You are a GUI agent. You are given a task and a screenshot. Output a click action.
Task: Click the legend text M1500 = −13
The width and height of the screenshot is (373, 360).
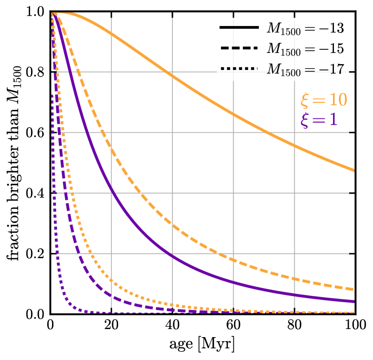coord(305,28)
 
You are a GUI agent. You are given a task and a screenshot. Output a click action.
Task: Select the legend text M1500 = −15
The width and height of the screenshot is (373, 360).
coord(305,48)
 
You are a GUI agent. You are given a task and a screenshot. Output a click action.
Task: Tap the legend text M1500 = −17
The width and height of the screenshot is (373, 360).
coord(305,69)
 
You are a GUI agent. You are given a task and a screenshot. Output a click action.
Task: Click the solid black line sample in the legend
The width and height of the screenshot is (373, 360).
coord(239,28)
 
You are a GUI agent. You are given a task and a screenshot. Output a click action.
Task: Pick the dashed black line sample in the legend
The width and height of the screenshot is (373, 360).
coord(239,48)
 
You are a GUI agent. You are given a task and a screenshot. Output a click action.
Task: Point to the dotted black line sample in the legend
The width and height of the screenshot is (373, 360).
coord(239,69)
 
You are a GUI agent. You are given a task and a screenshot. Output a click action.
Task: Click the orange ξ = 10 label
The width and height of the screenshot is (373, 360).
coord(324,100)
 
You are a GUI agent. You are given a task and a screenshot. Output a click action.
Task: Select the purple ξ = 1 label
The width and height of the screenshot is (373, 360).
coord(319,121)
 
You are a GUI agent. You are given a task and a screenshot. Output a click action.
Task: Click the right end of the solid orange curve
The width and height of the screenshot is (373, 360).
coord(353,170)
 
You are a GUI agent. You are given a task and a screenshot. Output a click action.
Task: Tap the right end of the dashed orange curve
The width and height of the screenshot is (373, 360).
coord(353,289)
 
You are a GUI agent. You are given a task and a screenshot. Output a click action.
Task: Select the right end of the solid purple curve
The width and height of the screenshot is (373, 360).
coord(353,301)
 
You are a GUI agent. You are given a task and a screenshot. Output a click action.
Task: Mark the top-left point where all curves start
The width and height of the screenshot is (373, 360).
coord(53,14)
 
